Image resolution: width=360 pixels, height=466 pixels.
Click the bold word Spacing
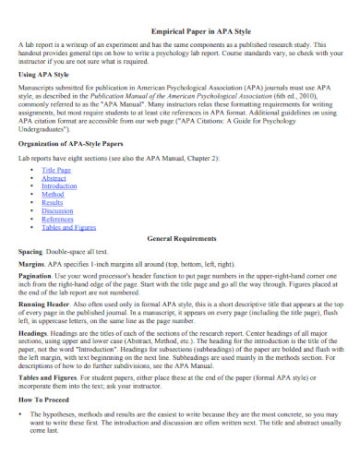(x=30, y=251)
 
